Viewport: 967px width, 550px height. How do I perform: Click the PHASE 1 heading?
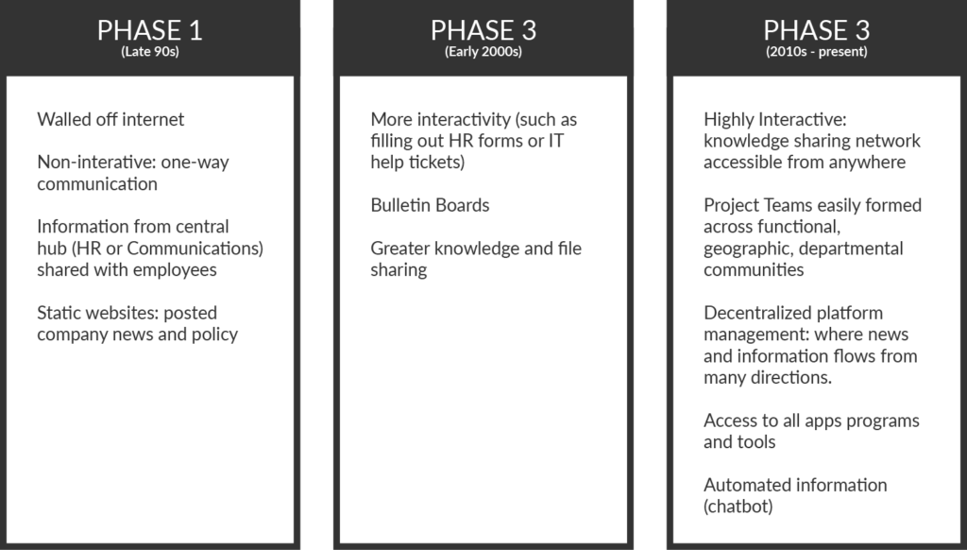(150, 30)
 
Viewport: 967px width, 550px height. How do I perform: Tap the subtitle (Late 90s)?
(150, 51)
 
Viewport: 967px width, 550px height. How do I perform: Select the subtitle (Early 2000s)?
(483, 51)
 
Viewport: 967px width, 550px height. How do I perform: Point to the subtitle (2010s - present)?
(817, 51)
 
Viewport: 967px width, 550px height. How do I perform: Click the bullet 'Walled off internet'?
(110, 119)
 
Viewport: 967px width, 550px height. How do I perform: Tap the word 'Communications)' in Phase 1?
(195, 249)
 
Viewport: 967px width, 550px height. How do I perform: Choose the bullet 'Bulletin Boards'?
(430, 206)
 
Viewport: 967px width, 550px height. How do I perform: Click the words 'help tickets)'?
(417, 163)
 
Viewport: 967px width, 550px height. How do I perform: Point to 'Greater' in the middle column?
(399, 249)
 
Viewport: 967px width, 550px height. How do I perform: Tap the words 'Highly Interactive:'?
(775, 120)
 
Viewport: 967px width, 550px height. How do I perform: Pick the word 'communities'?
(754, 269)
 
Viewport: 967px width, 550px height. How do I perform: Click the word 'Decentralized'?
(744, 313)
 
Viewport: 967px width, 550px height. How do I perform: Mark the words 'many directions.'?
(768, 378)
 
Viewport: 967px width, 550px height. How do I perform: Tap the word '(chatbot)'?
(738, 507)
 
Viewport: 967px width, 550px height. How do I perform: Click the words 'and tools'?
(739, 442)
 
